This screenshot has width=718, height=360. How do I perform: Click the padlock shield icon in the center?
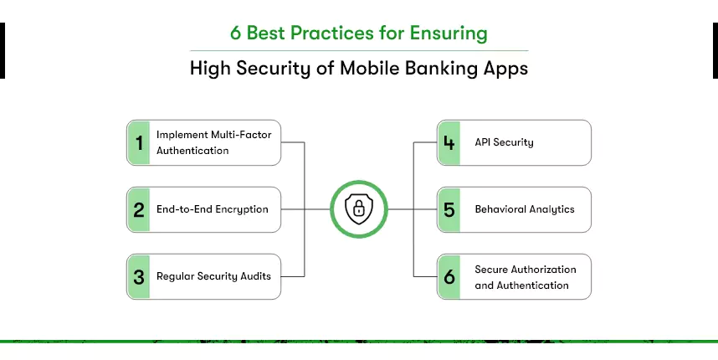[358, 209]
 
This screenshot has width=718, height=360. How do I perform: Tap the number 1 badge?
[139, 142]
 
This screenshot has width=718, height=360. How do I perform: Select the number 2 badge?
[139, 209]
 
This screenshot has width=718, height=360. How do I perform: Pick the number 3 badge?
[139, 276]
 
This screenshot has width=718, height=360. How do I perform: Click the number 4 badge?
[449, 142]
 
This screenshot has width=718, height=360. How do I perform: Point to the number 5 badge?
[449, 209]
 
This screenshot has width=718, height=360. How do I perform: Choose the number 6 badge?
[449, 276]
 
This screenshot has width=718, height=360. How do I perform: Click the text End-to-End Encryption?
[213, 209]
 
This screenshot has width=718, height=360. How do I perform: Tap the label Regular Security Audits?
[213, 276]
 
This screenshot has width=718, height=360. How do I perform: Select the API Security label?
[504, 142]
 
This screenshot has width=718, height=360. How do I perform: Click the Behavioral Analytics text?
[525, 209]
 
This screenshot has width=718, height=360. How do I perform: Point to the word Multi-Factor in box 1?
[244, 135]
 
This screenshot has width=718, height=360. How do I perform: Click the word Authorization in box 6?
[544, 270]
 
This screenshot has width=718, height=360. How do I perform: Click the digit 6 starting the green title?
[236, 34]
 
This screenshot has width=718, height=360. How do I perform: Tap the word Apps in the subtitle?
[505, 69]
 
